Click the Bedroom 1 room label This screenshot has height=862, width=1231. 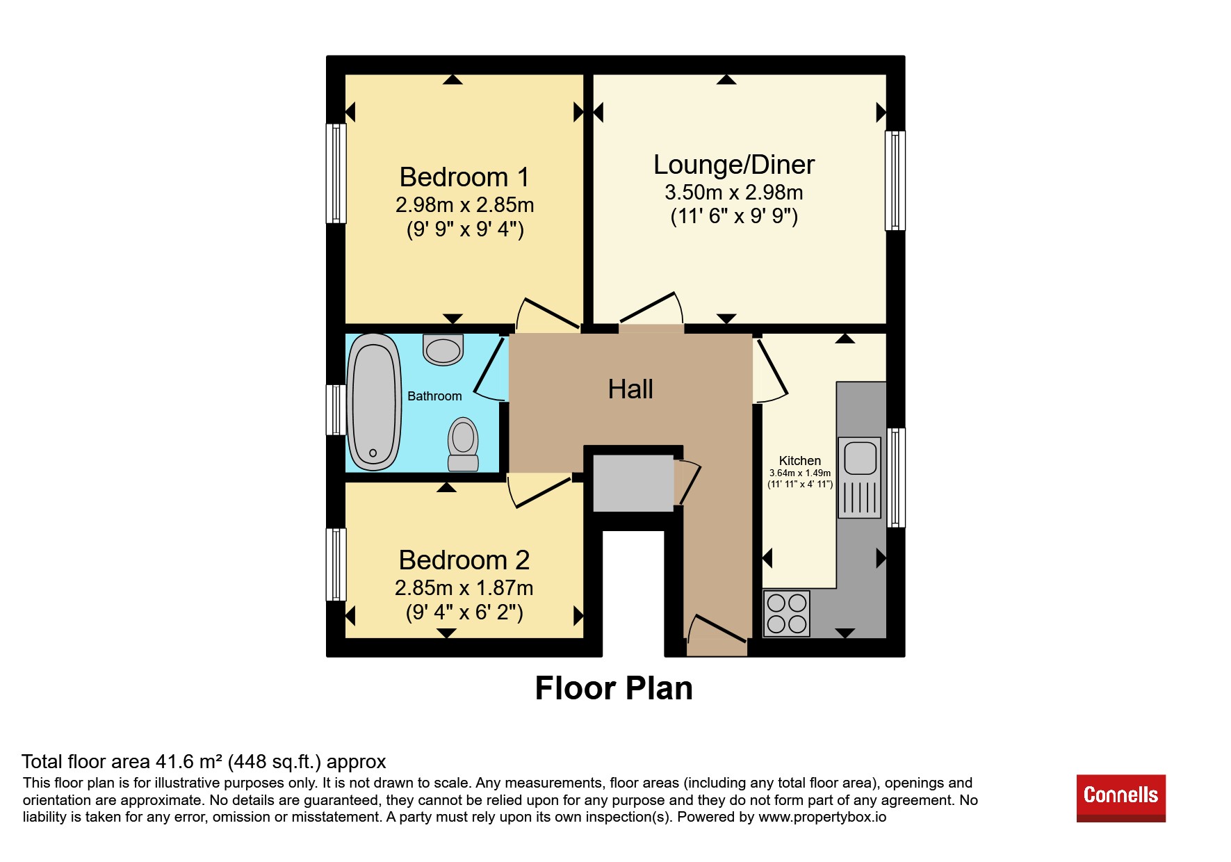[464, 177]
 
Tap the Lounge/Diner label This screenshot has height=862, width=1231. [734, 165]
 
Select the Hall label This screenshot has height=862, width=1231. [630, 389]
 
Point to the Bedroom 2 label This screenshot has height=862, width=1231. [464, 560]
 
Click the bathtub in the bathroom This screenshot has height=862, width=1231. [374, 402]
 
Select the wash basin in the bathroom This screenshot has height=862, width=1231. [443, 350]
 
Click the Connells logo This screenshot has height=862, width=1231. [1121, 798]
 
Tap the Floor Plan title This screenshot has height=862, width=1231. [614, 688]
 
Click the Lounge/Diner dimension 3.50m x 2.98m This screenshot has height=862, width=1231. [734, 193]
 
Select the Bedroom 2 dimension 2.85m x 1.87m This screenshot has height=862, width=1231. [464, 588]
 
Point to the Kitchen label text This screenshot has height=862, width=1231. [800, 461]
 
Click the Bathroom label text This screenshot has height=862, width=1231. [434, 396]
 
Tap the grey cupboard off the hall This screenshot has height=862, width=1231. [633, 483]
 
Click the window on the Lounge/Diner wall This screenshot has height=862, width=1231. [895, 181]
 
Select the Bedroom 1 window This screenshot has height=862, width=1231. [336, 174]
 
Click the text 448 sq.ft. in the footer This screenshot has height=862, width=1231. [275, 762]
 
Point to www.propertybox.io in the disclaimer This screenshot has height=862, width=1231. [822, 818]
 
